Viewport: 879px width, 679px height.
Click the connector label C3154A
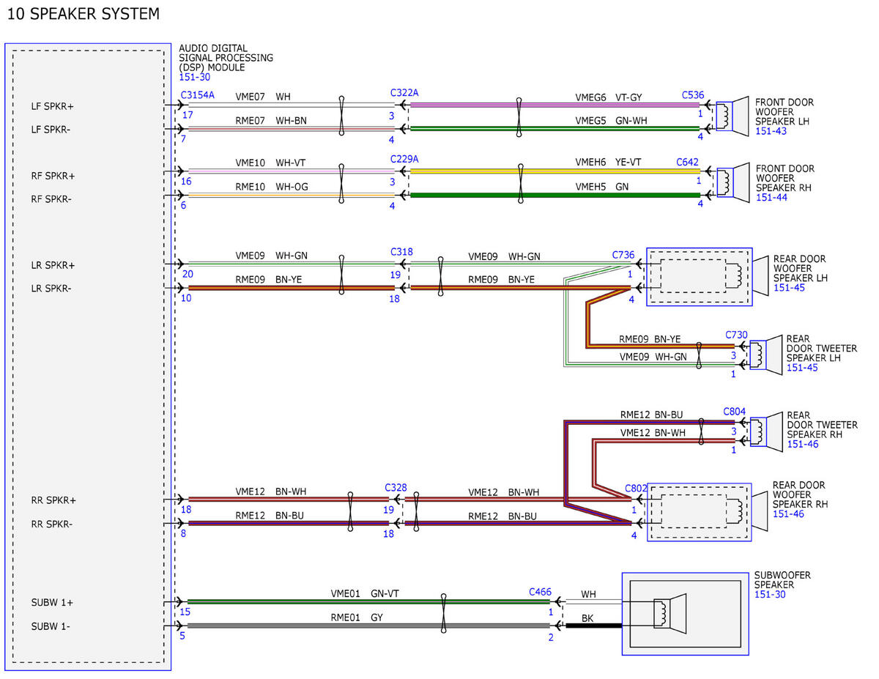[x=197, y=95]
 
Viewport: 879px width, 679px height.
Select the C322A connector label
[x=404, y=93]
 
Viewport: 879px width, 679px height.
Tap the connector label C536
[x=693, y=95]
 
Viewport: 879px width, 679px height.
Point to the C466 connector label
[x=540, y=592]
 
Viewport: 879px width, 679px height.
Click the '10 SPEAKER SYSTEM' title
[x=84, y=14]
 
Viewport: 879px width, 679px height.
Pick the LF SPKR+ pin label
[x=53, y=106]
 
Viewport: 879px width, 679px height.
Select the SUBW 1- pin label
[x=51, y=626]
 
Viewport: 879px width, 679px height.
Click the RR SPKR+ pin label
[x=53, y=500]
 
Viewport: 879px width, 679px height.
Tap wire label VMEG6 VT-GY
[x=609, y=97]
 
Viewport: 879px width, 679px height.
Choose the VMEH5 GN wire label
[x=602, y=187]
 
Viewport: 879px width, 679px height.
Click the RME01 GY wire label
[x=357, y=617]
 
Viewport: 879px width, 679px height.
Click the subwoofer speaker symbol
[x=670, y=614]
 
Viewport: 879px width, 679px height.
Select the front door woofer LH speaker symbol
[x=732, y=116]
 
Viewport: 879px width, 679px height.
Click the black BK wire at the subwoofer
[x=594, y=626]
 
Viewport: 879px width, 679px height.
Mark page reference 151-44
[x=771, y=198]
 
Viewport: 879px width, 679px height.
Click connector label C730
[x=736, y=335]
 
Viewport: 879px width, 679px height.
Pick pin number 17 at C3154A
[x=188, y=115]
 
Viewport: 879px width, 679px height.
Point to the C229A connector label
[x=404, y=160]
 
